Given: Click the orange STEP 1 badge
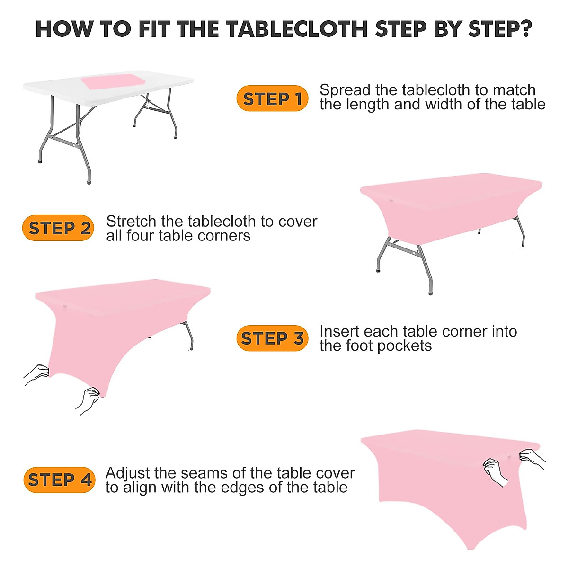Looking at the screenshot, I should click(272, 98).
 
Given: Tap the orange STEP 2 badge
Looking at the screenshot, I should click(58, 228).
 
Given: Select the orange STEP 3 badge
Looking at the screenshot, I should click(272, 338).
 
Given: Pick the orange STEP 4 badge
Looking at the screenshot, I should click(59, 479).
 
